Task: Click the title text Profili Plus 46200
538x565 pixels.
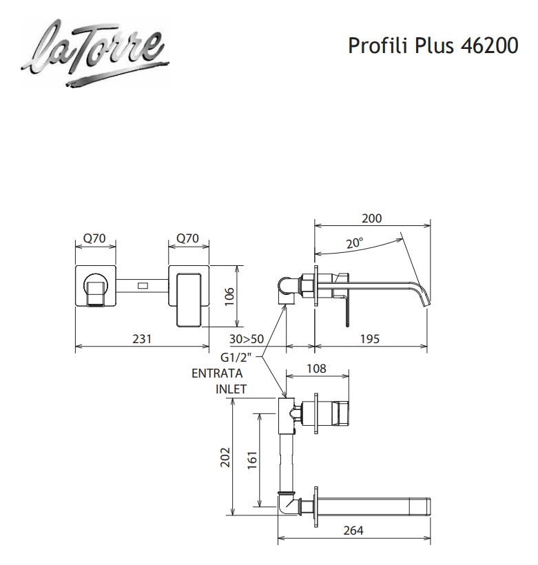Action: (x=433, y=45)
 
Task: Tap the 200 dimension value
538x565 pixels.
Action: (x=371, y=219)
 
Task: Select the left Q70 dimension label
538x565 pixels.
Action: (x=94, y=239)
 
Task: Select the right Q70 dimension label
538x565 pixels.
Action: (x=187, y=239)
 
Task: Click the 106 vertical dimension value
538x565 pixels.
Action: (x=230, y=297)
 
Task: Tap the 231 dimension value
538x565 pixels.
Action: (x=141, y=339)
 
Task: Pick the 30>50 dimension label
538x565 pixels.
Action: (x=247, y=339)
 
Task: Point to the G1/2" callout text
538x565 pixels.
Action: (x=238, y=358)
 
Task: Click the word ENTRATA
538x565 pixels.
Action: (x=217, y=373)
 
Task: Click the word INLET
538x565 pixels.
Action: (x=231, y=389)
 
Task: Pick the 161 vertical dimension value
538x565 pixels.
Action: (x=251, y=458)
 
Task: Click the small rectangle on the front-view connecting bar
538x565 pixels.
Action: (x=143, y=285)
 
